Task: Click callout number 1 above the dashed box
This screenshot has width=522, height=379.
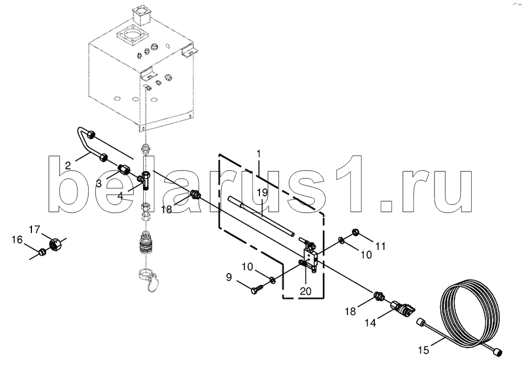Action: coord(258,154)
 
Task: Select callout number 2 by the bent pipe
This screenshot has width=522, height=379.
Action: coord(68,166)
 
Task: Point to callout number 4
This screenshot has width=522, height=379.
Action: coord(120,195)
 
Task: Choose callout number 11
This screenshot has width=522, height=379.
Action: coord(380,245)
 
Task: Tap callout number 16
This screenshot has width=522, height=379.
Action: coord(17,240)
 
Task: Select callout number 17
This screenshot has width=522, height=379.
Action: coord(34,229)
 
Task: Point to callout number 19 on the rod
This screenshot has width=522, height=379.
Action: coord(263,193)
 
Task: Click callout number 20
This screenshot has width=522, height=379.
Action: coord(305,291)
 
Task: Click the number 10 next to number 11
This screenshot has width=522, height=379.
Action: coord(365,254)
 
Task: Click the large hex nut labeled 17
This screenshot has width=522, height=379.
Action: coord(56,243)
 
